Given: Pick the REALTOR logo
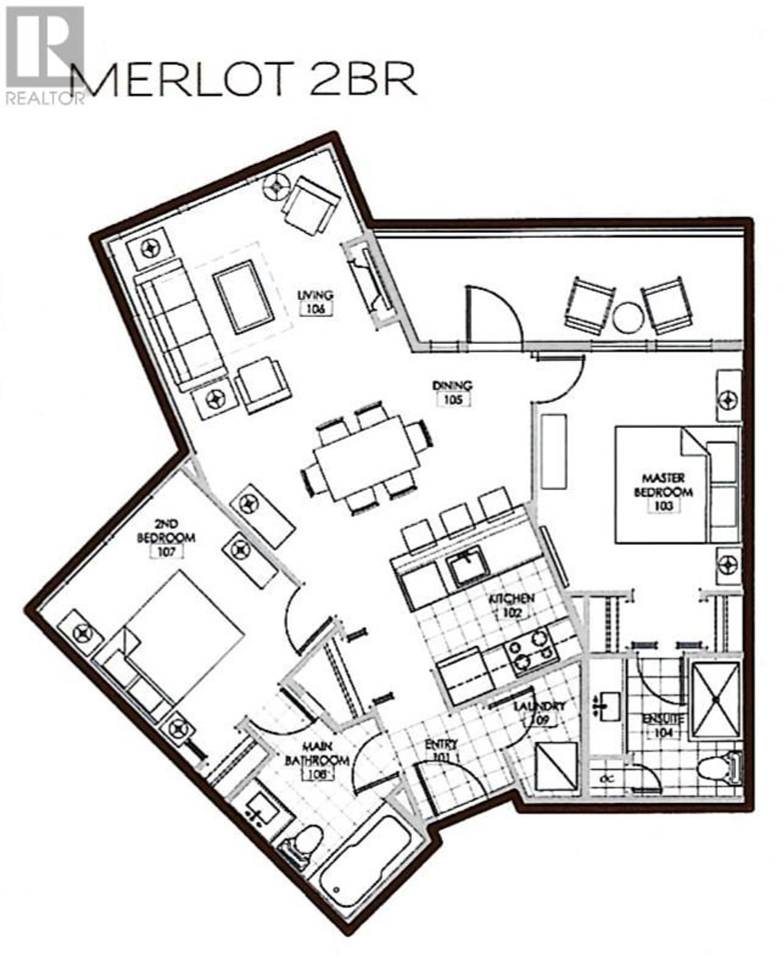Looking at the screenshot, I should pyautogui.click(x=45, y=54).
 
